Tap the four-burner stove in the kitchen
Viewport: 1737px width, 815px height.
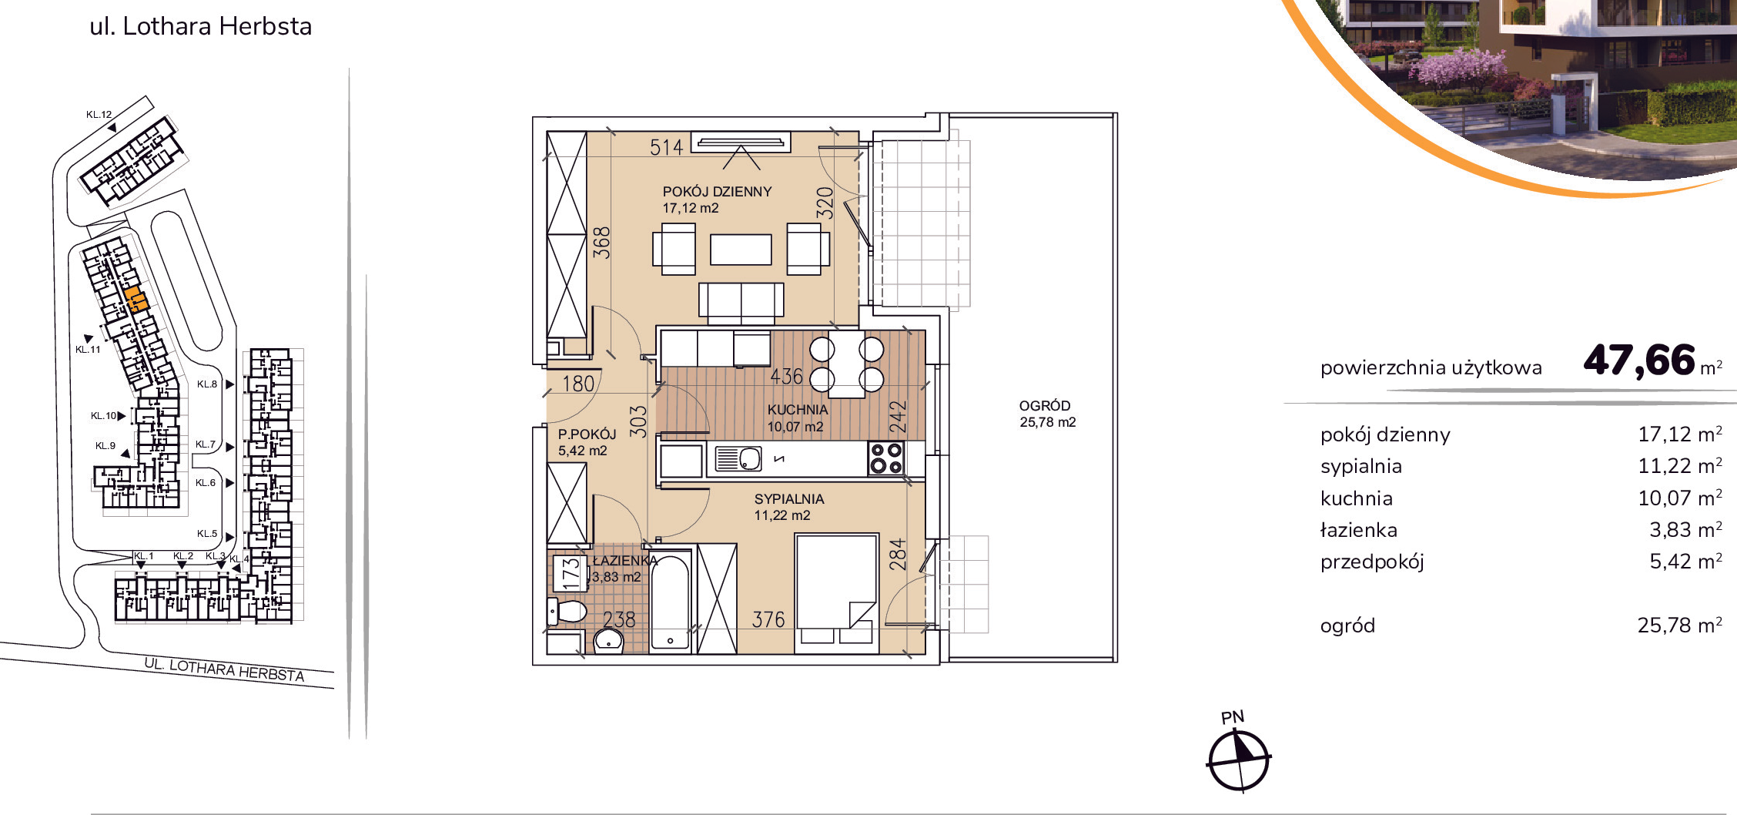pyautogui.click(x=885, y=458)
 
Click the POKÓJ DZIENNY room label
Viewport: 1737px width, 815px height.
pyautogui.click(x=717, y=192)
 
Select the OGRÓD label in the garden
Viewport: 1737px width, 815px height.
pyautogui.click(x=1045, y=406)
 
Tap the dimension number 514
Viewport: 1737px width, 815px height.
pyautogui.click(x=666, y=147)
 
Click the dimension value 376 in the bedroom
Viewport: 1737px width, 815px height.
pyautogui.click(x=768, y=619)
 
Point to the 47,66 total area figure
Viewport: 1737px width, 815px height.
pyautogui.click(x=1639, y=360)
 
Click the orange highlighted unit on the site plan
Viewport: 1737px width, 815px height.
pyautogui.click(x=136, y=300)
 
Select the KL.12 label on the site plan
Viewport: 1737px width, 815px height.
pyautogui.click(x=99, y=115)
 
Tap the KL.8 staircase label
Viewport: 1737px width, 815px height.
pyautogui.click(x=206, y=384)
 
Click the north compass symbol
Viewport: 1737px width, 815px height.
pyautogui.click(x=1238, y=760)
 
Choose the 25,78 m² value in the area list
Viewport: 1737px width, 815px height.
pyautogui.click(x=1679, y=625)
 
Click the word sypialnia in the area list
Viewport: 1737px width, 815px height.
pyautogui.click(x=1360, y=467)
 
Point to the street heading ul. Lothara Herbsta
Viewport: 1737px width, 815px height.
pyautogui.click(x=201, y=26)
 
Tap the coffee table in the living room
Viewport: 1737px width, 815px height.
pyautogui.click(x=741, y=250)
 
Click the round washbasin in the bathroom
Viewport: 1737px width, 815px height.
pyautogui.click(x=608, y=640)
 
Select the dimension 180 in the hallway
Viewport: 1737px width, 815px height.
pyautogui.click(x=578, y=384)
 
